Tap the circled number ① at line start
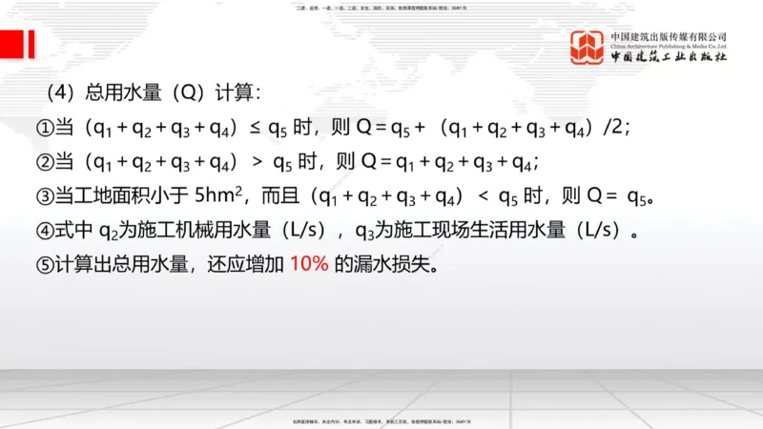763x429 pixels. (45, 128)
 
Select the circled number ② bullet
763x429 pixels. (45, 161)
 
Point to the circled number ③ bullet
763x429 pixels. (45, 196)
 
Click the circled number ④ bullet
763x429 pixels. (45, 230)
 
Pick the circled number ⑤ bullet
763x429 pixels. (45, 264)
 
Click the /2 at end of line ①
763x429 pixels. (611, 128)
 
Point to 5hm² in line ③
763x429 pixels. (221, 195)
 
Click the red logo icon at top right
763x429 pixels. (588, 47)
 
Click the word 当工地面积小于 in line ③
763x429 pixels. (124, 196)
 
